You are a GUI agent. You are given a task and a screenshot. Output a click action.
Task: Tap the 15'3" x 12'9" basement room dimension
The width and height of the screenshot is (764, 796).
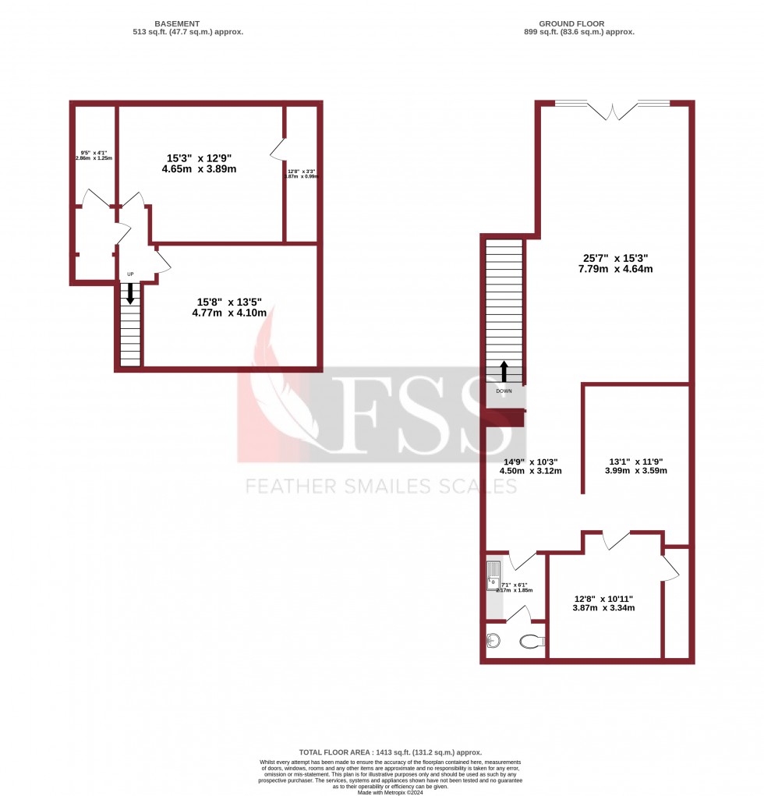pyautogui.click(x=200, y=162)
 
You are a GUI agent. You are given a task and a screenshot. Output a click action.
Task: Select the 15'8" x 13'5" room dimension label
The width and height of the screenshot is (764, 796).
pyautogui.click(x=229, y=306)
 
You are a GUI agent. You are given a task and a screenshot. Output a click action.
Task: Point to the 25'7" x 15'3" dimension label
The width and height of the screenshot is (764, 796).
pyautogui.click(x=615, y=263)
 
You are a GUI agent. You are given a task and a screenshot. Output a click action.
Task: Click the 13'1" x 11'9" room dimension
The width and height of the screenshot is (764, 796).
pyautogui.click(x=637, y=465)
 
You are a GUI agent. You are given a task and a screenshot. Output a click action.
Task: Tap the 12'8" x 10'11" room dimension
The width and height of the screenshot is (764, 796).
pyautogui.click(x=603, y=603)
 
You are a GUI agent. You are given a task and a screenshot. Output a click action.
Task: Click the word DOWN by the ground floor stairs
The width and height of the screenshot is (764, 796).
pyautogui.click(x=504, y=391)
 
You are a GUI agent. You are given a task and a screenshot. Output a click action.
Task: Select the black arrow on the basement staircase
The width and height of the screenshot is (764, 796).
pyautogui.click(x=130, y=292)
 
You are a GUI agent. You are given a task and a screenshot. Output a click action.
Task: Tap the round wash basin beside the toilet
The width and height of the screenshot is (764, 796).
pyautogui.click(x=493, y=641)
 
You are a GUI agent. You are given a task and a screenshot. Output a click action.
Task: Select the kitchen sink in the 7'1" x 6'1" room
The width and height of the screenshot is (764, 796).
pyautogui.click(x=493, y=575)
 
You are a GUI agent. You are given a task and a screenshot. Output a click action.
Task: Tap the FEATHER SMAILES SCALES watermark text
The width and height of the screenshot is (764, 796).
pyautogui.click(x=381, y=486)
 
